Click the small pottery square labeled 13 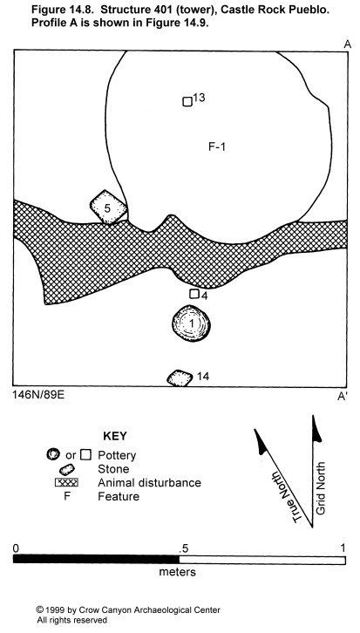pyautogui.click(x=187, y=102)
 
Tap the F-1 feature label pyautogui.click(x=217, y=147)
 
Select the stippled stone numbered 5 pyautogui.click(x=109, y=208)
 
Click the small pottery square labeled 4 pyautogui.click(x=194, y=294)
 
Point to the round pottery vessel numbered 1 pyautogui.click(x=191, y=323)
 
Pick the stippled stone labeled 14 pyautogui.click(x=180, y=378)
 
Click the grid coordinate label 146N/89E pyautogui.click(x=38, y=394)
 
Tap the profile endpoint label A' pyautogui.click(x=343, y=397)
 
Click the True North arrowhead pyautogui.click(x=261, y=441)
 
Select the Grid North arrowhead pyautogui.click(x=316, y=428)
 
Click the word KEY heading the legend pyautogui.click(x=115, y=436)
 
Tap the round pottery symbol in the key pyautogui.click(x=53, y=454)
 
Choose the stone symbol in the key pyautogui.click(x=67, y=469)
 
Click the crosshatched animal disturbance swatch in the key pyautogui.click(x=66, y=482)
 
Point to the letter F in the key pyautogui.click(x=67, y=496)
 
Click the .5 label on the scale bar pyautogui.click(x=184, y=548)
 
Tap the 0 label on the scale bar pyautogui.click(x=16, y=548)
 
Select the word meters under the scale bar pyautogui.click(x=178, y=572)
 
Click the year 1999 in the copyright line pyautogui.click(x=52, y=610)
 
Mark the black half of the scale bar pyautogui.click(x=96, y=560)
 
